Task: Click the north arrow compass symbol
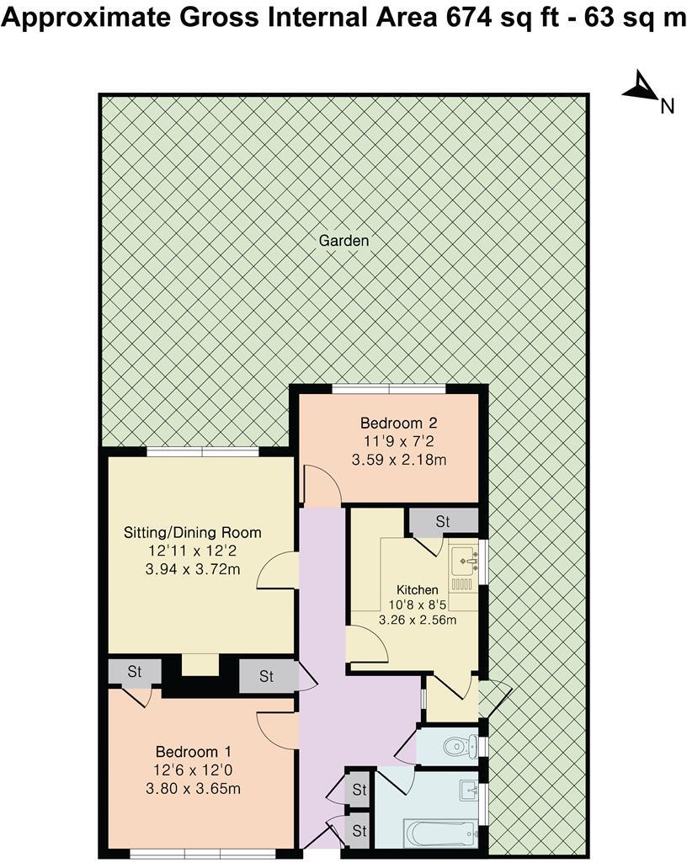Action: coord(642,88)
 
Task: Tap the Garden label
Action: coord(343,240)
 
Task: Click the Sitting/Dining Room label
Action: coord(192,532)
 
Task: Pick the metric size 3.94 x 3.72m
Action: coord(192,569)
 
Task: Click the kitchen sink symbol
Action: coord(463,558)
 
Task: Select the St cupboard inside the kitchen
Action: coord(443,521)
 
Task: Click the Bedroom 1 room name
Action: coord(193,751)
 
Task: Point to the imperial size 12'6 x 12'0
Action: coord(193,770)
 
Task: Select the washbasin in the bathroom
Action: coord(469,791)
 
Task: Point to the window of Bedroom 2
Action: coord(388,388)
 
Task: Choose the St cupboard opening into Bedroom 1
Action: coord(135,673)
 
